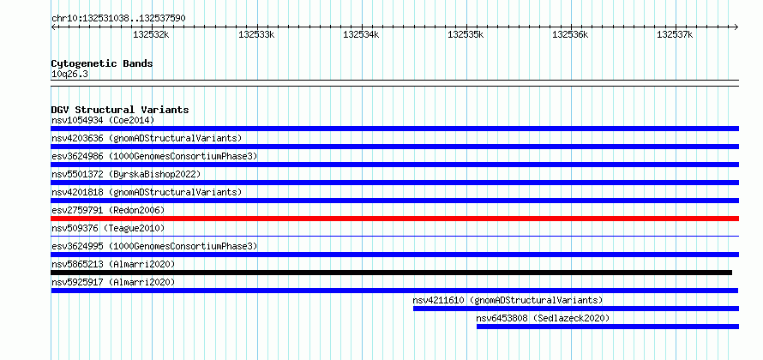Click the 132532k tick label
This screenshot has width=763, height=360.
pos(151,34)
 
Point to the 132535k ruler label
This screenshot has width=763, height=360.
pos(466,34)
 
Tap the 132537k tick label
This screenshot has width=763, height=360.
pos(675,34)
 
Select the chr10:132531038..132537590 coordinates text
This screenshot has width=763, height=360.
pos(118,19)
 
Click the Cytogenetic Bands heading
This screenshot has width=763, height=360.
pos(102,63)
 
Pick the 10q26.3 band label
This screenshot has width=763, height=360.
pos(69,75)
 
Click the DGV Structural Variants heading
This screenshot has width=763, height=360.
pos(120,110)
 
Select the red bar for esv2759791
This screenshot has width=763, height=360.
pos(394,219)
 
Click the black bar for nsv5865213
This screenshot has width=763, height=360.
pos(391,273)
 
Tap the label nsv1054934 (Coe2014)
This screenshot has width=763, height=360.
pos(103,120)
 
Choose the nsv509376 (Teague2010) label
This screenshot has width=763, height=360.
pos(108,228)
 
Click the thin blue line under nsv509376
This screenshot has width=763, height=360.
pos(394,237)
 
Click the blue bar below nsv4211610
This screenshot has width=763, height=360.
pos(575,309)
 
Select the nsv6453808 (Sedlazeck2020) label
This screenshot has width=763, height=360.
pos(543,318)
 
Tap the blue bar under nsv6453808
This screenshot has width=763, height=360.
pos(607,327)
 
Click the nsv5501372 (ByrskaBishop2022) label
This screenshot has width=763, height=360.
pos(126,174)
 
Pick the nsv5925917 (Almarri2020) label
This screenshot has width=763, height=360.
pos(113,282)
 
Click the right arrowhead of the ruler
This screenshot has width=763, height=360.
pos(736,27)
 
